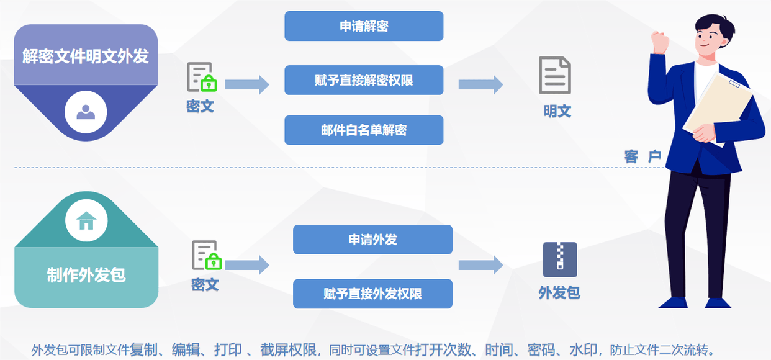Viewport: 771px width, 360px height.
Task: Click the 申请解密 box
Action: click(364, 26)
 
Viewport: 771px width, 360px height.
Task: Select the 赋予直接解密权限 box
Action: click(364, 80)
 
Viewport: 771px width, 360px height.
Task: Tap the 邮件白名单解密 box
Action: click(364, 130)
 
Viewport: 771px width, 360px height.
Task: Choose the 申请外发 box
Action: click(372, 240)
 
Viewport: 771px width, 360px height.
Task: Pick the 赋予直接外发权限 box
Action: click(372, 294)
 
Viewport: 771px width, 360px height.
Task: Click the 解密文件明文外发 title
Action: click(86, 56)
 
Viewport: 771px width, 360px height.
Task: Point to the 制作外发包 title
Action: click(86, 275)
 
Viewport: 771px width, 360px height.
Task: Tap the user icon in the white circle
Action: click(86, 112)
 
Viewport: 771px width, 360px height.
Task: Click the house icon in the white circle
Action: click(86, 220)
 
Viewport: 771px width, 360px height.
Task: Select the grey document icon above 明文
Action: click(554, 75)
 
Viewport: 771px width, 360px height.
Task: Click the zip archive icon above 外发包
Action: click(560, 259)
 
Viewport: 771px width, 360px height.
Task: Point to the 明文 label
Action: click(557, 111)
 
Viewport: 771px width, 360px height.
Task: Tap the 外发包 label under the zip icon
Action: click(559, 292)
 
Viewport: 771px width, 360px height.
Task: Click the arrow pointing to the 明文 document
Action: click(480, 85)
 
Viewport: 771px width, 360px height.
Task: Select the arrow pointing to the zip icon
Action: click(480, 265)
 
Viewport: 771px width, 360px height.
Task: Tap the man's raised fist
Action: click(661, 42)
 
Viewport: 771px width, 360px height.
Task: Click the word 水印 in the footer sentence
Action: click(583, 349)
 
